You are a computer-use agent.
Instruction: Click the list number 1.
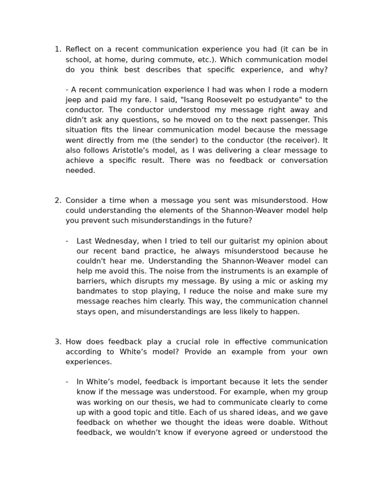57,49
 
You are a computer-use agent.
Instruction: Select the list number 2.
57,201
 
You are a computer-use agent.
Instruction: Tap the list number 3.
57,342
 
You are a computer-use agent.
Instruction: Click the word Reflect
77,49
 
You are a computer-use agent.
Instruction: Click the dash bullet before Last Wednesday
67,241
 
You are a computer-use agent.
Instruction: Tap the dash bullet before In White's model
67,382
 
